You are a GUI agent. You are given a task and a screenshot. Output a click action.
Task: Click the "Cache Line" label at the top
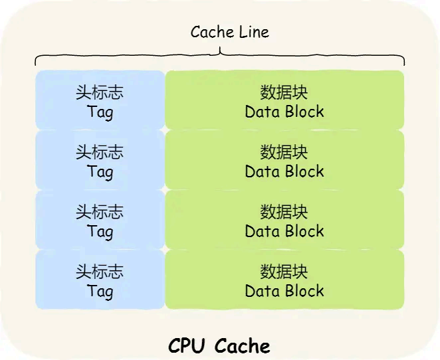click(229, 32)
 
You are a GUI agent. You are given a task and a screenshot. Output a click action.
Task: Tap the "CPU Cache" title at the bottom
click(219, 345)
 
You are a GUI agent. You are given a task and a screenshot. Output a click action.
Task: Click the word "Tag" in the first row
click(100, 112)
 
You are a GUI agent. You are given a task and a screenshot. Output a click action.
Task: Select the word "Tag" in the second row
click(100, 171)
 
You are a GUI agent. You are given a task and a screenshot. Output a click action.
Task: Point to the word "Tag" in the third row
click(100, 231)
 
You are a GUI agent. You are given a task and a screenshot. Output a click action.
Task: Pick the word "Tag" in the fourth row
click(100, 291)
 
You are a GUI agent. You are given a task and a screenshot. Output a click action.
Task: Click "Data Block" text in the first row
click(284, 112)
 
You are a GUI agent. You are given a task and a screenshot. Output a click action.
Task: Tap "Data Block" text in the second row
click(284, 171)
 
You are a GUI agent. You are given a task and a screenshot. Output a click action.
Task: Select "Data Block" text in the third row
click(284, 231)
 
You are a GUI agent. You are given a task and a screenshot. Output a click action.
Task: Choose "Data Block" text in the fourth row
click(284, 291)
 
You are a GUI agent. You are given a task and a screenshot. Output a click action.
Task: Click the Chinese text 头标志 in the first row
click(100, 92)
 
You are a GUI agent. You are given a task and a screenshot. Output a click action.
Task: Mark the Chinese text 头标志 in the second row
click(100, 152)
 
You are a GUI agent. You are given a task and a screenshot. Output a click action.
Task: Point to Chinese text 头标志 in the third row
click(100, 212)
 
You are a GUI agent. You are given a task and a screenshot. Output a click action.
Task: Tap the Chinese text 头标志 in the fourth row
click(100, 272)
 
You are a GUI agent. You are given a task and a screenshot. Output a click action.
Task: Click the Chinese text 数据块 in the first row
click(284, 92)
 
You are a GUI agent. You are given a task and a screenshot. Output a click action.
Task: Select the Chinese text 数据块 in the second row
click(284, 152)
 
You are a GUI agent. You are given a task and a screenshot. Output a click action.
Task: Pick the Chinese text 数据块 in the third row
click(284, 212)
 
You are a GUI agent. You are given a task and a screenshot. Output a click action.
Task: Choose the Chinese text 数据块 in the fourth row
click(284, 272)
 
